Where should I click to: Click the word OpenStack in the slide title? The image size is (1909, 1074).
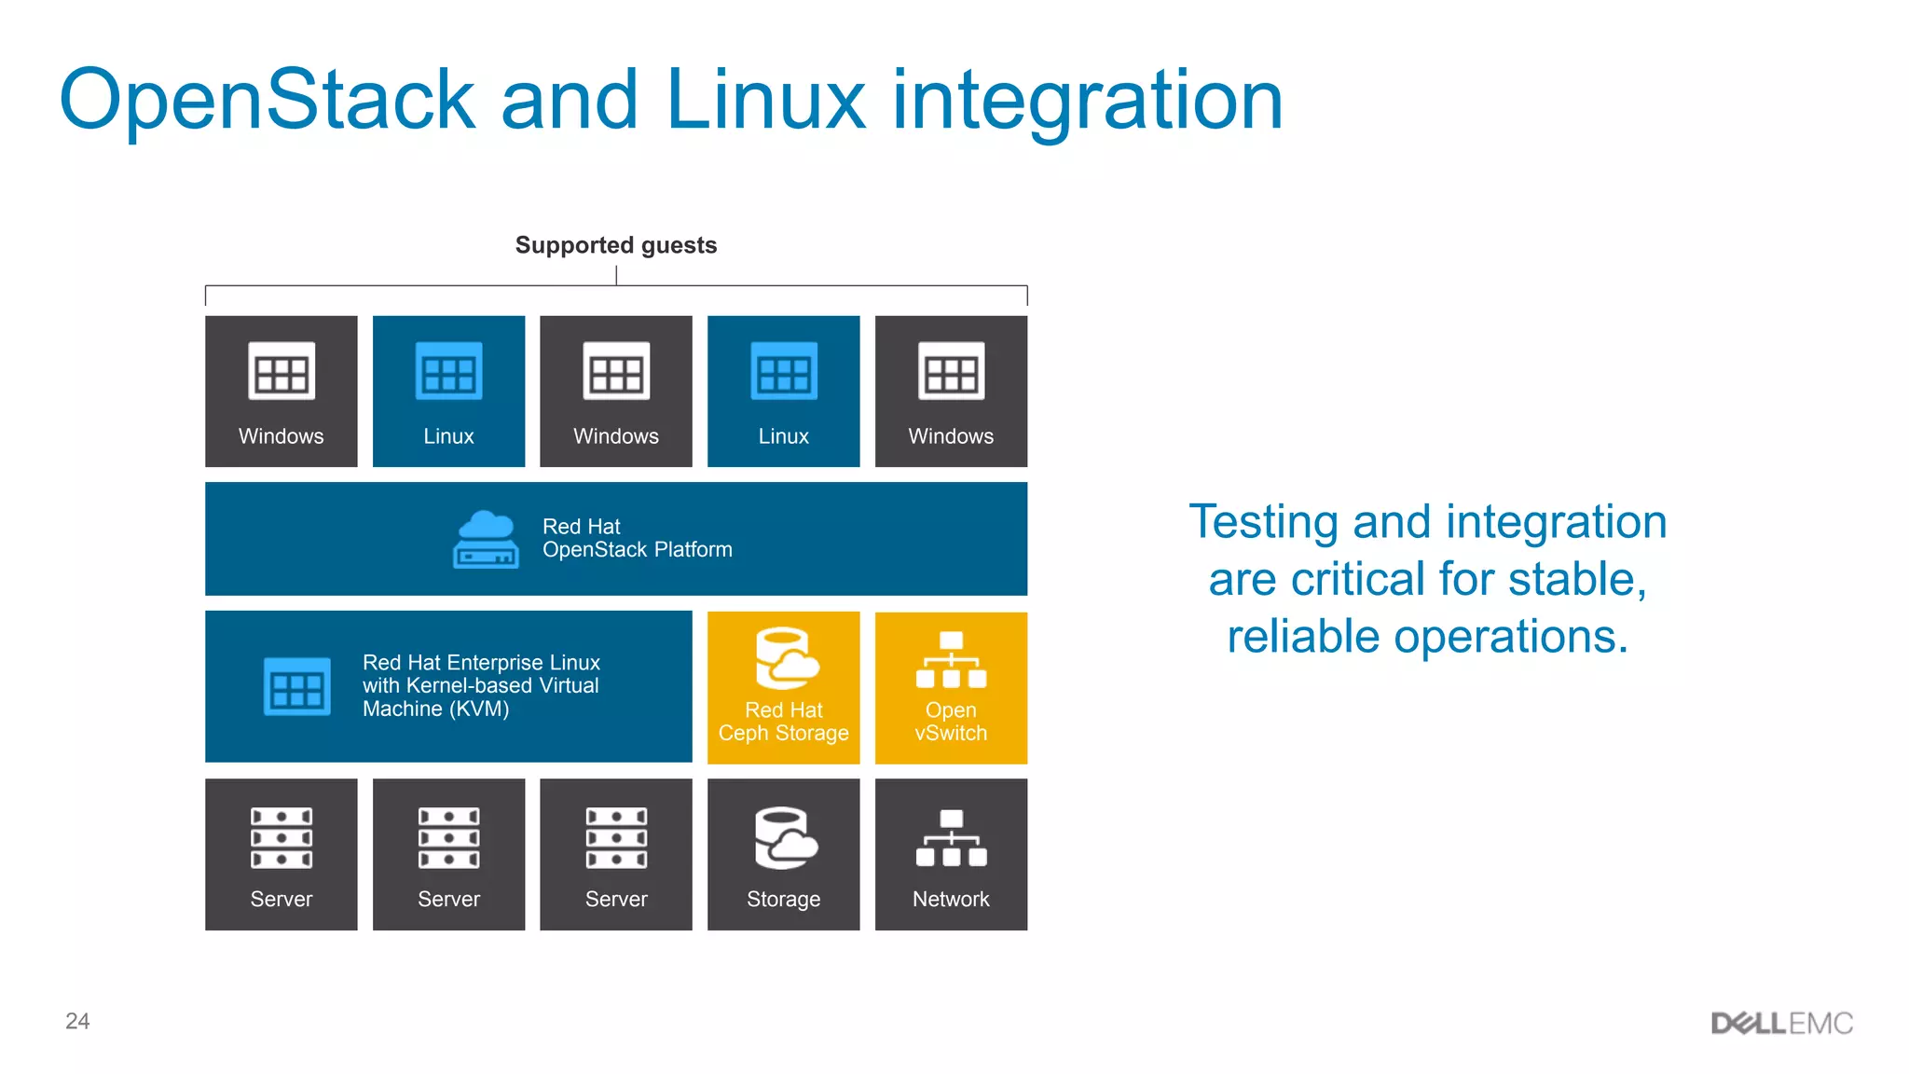[268, 101]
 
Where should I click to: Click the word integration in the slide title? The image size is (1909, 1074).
[1087, 101]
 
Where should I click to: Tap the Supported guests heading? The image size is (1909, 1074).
[616, 245]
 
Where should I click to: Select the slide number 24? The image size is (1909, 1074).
[77, 1021]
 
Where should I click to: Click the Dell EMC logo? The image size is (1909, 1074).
[1781, 1023]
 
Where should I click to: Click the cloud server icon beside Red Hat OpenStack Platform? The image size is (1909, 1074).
[485, 539]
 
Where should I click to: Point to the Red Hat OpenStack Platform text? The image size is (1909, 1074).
[637, 539]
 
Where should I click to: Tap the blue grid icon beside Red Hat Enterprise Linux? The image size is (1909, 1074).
[296, 686]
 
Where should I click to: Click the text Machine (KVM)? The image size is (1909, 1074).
[435, 709]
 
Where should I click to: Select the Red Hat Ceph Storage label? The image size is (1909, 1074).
[783, 722]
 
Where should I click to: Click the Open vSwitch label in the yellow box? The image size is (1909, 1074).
[951, 722]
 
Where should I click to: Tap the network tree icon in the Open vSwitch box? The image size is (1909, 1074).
[951, 659]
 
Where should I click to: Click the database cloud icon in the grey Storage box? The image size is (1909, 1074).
[784, 837]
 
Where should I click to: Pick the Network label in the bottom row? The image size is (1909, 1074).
[951, 899]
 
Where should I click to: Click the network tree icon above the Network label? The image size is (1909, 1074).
[951, 837]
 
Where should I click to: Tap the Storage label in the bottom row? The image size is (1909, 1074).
[783, 899]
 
